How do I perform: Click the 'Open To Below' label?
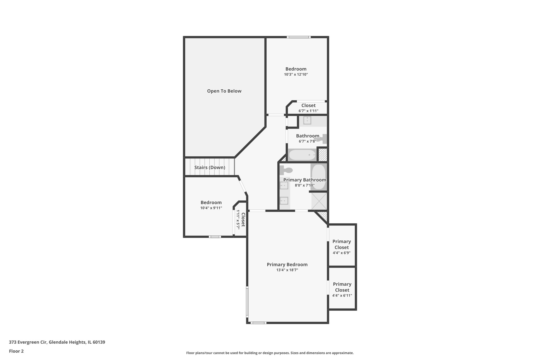point(224,91)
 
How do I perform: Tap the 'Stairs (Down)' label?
point(210,167)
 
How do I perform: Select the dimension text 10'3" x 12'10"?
point(296,75)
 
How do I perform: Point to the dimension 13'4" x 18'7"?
point(287,270)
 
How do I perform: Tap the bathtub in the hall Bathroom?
point(302,155)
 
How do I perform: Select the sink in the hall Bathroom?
point(307,121)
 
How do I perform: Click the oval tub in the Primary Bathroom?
point(319,177)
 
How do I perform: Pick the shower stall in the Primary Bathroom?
point(319,201)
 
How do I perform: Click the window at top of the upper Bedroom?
point(298,37)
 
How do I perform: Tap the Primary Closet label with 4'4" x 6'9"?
point(341,244)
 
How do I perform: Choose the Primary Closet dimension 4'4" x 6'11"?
point(342,296)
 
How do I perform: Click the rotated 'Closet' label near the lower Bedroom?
point(243,219)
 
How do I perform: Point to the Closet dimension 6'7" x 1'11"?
point(308,111)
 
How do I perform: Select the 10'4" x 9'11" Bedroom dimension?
point(211,208)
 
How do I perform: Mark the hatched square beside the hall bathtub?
point(323,155)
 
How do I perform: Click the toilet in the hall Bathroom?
point(322,139)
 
